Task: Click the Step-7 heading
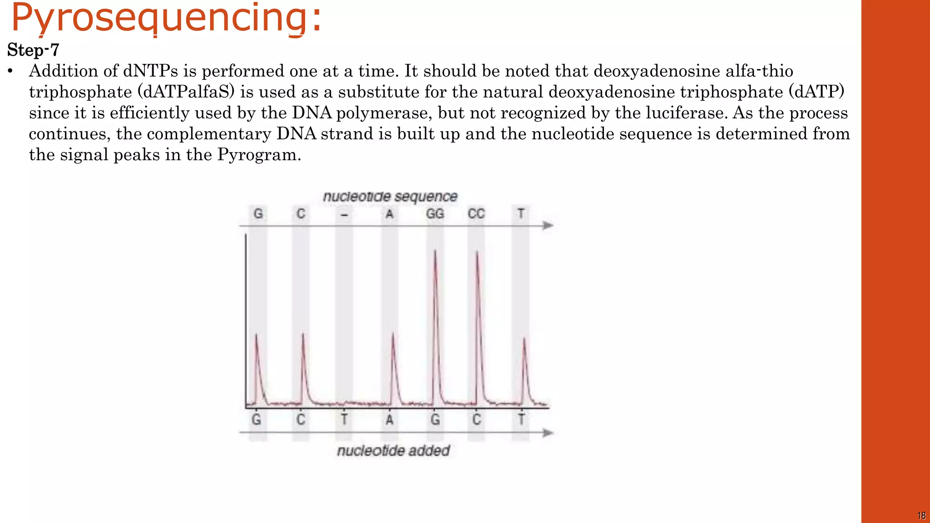(x=33, y=50)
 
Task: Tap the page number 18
(x=921, y=516)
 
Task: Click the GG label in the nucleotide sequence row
(x=435, y=214)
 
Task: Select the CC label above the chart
(x=476, y=214)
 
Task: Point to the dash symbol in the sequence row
(x=344, y=215)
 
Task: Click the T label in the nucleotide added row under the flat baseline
(x=344, y=419)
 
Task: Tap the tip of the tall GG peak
(x=435, y=251)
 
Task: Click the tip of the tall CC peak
(x=477, y=252)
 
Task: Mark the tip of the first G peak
(x=256, y=335)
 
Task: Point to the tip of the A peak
(x=393, y=334)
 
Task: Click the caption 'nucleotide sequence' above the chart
(x=390, y=197)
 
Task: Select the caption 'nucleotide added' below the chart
(x=393, y=451)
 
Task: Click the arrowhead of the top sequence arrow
(x=549, y=226)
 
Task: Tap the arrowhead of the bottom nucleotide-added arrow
(x=549, y=433)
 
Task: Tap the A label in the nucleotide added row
(x=389, y=420)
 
